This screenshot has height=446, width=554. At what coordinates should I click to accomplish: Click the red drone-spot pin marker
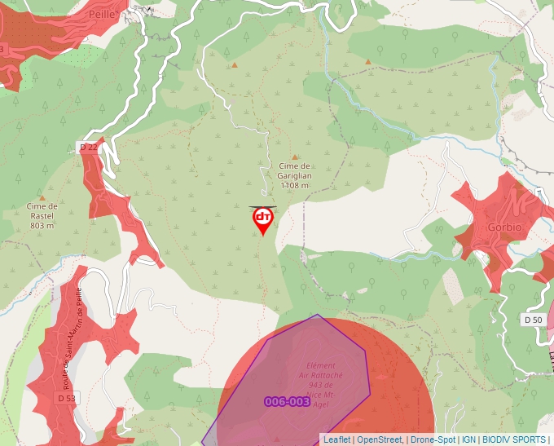[262, 219]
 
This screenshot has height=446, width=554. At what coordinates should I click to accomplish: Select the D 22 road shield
[88, 147]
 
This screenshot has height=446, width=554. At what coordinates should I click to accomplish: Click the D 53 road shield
[67, 398]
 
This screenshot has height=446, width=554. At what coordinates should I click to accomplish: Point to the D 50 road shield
[533, 320]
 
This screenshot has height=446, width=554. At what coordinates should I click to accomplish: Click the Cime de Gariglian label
[295, 170]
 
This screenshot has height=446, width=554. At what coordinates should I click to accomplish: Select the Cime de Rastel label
[42, 211]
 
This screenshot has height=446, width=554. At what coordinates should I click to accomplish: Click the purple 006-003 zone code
[287, 401]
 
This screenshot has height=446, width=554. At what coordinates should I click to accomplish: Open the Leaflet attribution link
[336, 439]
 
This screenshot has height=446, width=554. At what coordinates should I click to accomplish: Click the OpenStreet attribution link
[379, 439]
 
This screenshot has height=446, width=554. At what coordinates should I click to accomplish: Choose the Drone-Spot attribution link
[433, 439]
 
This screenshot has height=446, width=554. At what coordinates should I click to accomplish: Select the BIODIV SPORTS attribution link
[513, 439]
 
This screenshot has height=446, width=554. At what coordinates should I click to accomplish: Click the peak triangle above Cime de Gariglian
[295, 157]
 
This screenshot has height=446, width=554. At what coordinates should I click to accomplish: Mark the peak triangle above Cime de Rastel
[42, 197]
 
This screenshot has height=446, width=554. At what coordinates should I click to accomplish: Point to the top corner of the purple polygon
[319, 315]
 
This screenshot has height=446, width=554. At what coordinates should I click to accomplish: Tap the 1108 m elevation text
[295, 186]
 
